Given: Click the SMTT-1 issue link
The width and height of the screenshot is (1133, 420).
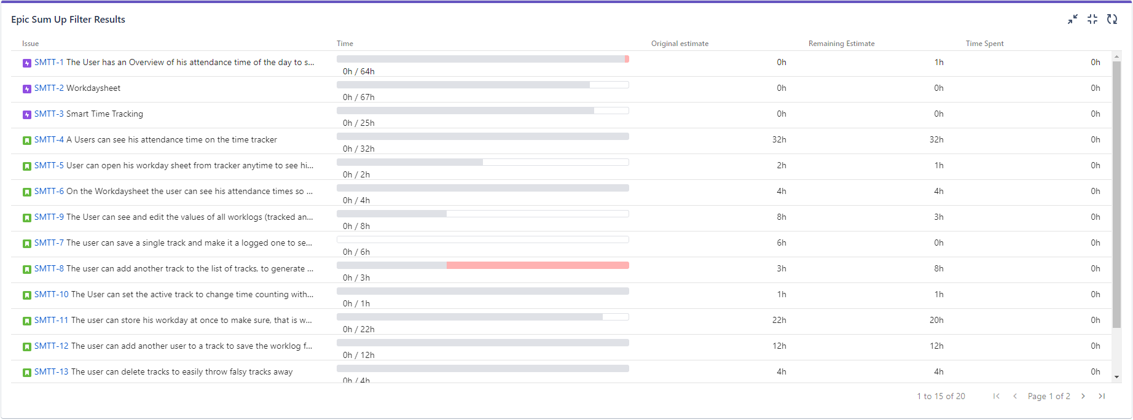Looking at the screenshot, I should (x=49, y=63).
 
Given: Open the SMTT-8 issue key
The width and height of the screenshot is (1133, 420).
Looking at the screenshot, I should (x=49, y=269).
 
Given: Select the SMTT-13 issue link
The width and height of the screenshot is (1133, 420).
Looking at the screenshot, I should (x=51, y=372).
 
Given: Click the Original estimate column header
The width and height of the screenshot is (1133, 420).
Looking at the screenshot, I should (x=680, y=44).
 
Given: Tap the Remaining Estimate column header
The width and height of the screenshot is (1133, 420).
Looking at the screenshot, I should (x=841, y=44).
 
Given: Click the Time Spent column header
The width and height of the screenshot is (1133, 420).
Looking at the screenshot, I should (x=984, y=44).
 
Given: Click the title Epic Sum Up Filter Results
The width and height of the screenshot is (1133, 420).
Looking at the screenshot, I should (x=68, y=20).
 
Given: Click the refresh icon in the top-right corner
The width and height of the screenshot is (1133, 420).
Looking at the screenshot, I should (x=1111, y=20).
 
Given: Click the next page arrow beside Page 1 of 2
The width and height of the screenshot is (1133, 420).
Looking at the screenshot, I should (x=1083, y=397).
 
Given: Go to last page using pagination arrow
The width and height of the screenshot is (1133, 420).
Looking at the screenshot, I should (x=1102, y=397).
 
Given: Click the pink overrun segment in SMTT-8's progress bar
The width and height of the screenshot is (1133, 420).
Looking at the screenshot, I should (x=538, y=265).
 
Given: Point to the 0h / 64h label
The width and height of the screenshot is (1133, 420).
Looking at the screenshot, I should (x=359, y=72).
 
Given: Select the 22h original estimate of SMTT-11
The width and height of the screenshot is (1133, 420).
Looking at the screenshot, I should (x=779, y=321).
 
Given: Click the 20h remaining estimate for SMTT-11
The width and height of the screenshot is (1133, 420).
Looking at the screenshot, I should (x=936, y=321).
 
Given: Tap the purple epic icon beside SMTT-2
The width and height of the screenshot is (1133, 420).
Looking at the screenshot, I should (x=27, y=89).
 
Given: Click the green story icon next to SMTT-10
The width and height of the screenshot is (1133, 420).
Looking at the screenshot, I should (x=27, y=295).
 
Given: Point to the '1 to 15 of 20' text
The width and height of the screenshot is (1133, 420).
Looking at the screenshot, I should (x=941, y=397).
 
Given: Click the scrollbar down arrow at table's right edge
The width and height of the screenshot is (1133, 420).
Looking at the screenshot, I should (x=1116, y=377).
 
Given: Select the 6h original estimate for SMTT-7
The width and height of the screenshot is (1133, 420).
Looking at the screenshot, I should (x=781, y=243).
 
